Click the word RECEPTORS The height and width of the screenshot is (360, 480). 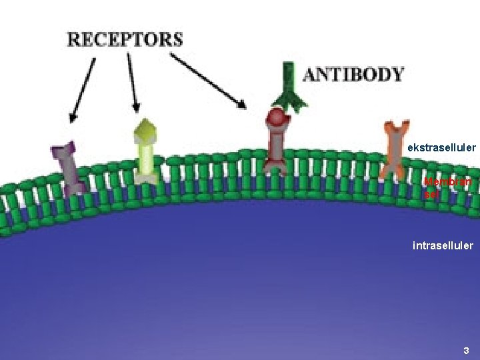click(125, 39)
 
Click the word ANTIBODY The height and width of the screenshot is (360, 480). click(353, 74)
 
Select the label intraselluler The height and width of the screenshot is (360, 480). click(443, 245)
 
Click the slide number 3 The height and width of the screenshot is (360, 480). click(466, 350)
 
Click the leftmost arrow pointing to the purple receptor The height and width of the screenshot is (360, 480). click(83, 90)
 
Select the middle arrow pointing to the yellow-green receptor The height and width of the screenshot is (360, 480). click(132, 83)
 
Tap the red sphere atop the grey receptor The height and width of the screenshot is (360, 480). click(276, 119)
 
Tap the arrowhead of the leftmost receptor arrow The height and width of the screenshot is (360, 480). click(73, 117)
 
